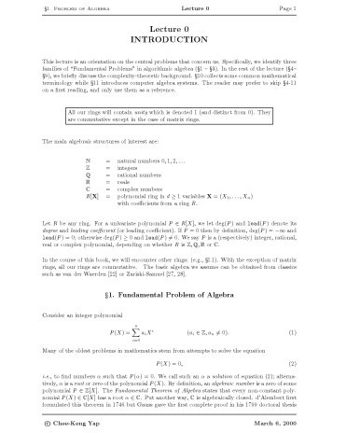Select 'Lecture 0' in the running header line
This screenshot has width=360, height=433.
tap(179, 7)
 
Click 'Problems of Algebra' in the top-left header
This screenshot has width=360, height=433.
tap(59, 7)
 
